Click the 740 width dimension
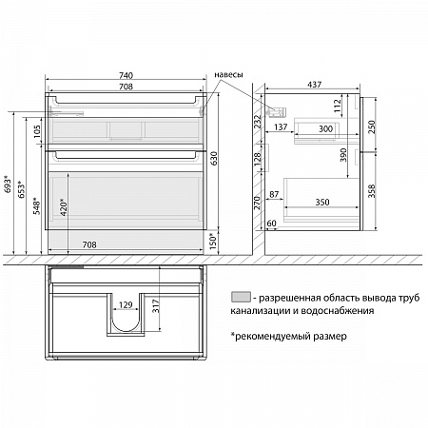click(x=126, y=75)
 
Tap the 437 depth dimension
click(x=314, y=85)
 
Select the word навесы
click(x=228, y=75)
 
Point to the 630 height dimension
click(x=214, y=158)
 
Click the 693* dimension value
click(x=8, y=184)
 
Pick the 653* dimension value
click(x=21, y=189)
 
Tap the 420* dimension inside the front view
click(x=64, y=207)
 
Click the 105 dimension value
click(x=37, y=131)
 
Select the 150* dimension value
click(x=213, y=242)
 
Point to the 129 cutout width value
click(x=126, y=305)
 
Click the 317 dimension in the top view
click(x=156, y=306)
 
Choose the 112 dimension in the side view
click(x=338, y=106)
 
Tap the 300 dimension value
click(x=325, y=128)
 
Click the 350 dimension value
click(x=322, y=203)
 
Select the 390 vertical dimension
click(x=343, y=155)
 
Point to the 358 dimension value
click(x=371, y=191)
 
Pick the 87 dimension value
click(x=274, y=194)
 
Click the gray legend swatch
click(x=241, y=297)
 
